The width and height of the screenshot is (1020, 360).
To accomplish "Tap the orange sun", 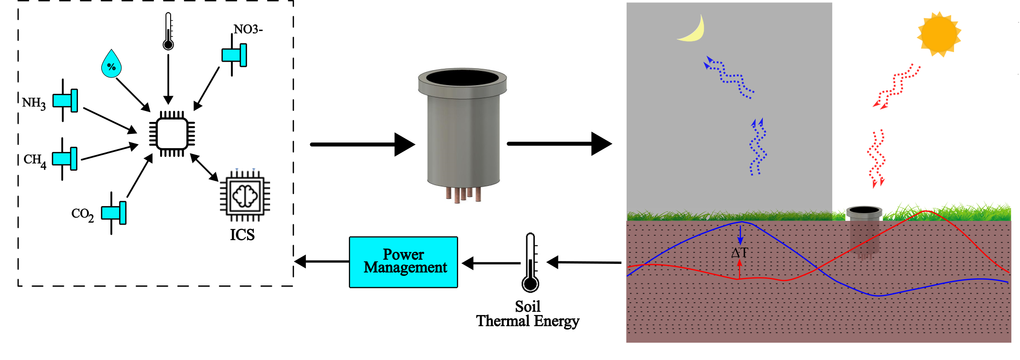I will [938, 34].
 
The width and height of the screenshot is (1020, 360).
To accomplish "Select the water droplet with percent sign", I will [111, 65].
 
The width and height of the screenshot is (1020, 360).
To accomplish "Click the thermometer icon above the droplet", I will [168, 32].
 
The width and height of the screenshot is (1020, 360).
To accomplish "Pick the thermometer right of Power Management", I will [530, 263].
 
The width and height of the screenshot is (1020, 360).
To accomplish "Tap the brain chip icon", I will [245, 195].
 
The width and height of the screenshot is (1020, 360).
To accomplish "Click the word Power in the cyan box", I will [403, 254].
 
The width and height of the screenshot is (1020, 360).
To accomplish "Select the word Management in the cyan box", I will [405, 267].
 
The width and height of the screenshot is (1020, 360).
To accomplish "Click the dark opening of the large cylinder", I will [462, 77].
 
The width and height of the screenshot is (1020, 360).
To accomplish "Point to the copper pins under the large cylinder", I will [463, 194].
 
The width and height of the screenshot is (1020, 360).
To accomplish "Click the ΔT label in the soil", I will [739, 253].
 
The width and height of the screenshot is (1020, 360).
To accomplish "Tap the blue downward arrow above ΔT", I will [740, 234].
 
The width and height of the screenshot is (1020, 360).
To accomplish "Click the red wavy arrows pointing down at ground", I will [876, 158].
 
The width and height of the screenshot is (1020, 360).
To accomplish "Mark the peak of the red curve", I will [926, 211].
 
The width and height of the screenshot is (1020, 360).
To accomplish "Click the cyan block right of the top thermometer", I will [234, 55].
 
